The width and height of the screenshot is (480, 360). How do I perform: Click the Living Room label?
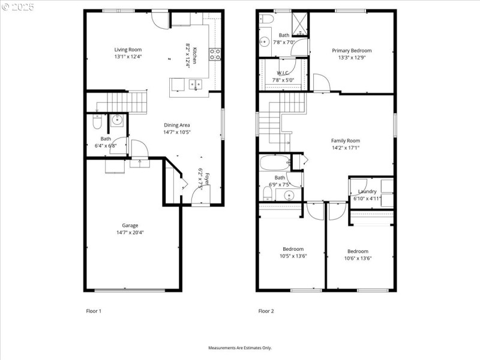[x=128, y=49]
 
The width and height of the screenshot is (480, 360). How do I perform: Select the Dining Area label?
[x=177, y=125]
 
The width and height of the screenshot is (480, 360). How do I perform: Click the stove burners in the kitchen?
[x=214, y=55]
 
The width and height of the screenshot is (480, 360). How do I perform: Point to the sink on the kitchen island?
[x=196, y=85]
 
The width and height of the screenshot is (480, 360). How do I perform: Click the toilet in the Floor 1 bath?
[x=97, y=123]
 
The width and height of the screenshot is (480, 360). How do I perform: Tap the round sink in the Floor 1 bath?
[x=117, y=120]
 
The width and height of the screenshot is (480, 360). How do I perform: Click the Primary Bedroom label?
[x=352, y=50]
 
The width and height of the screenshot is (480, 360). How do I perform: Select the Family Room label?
[x=346, y=140]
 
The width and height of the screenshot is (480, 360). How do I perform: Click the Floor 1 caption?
[x=94, y=311]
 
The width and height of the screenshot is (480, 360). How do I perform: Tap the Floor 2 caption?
[x=266, y=311]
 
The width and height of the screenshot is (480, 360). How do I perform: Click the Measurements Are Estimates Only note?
[x=240, y=347]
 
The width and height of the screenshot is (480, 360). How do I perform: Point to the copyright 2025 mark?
[x=17, y=7]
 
